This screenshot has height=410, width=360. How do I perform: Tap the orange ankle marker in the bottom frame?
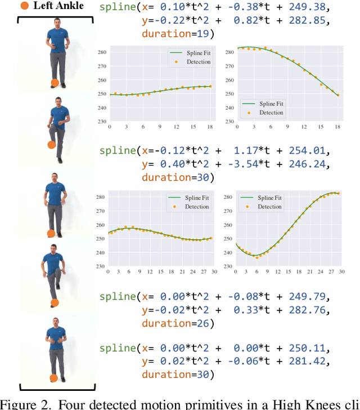(53, 377)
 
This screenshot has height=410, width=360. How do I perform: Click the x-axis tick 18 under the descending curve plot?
(338, 127)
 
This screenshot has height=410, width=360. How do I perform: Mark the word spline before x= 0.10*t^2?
(116, 8)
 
